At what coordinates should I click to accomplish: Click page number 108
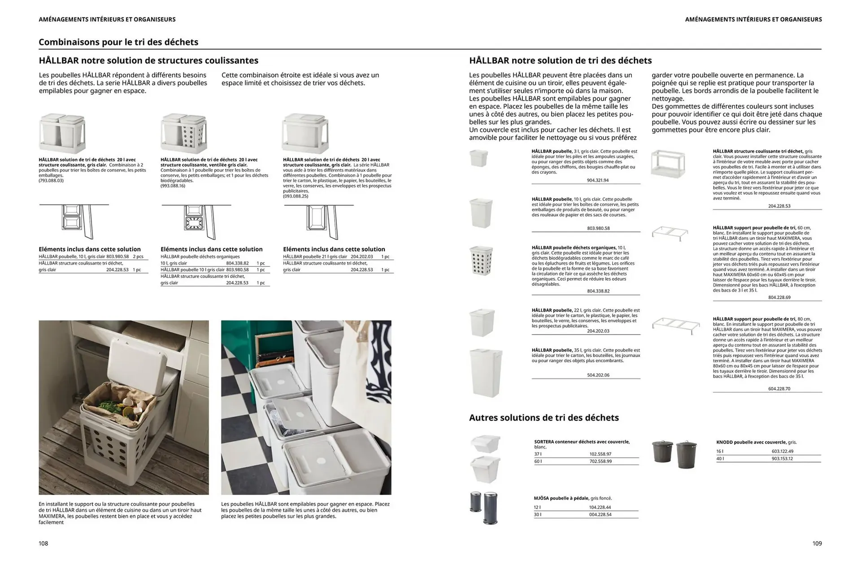43,543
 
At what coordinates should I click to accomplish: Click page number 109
817,543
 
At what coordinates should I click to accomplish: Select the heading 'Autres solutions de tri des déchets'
544,418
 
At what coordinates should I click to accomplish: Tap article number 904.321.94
598,180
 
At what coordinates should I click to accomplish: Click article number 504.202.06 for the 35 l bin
598,375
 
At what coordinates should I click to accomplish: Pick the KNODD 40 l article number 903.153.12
782,458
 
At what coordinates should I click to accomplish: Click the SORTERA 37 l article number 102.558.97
600,454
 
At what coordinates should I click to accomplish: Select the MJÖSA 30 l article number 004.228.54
600,514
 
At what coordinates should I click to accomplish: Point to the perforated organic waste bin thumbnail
481,260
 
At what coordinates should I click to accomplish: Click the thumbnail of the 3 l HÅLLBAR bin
478,158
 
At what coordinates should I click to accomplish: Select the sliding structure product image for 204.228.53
668,164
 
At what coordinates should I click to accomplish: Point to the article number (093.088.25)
295,196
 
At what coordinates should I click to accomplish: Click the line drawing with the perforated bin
196,222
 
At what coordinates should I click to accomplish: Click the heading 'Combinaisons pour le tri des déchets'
118,42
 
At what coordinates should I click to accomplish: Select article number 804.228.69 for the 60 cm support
779,297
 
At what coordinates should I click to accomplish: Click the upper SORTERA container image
485,443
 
